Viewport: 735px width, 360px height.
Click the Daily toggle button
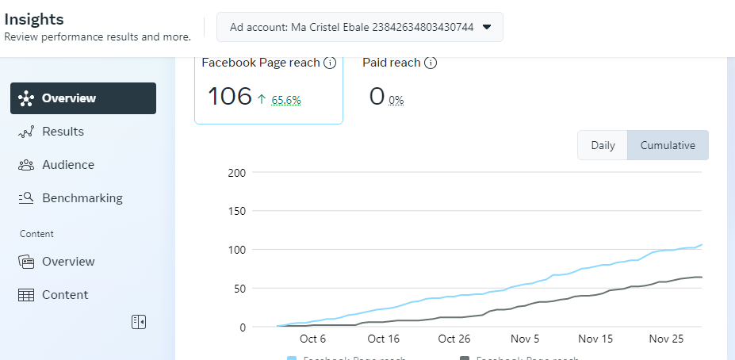click(x=603, y=146)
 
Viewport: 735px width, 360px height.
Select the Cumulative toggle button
click(x=668, y=146)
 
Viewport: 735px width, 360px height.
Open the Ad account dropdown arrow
click(x=487, y=27)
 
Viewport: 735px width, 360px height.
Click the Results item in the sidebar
click(x=63, y=132)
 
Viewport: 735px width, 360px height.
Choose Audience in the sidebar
click(x=67, y=165)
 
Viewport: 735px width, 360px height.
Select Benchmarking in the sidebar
click(x=82, y=198)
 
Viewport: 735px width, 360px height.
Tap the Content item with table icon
click(x=64, y=295)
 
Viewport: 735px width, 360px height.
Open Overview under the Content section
click(x=67, y=262)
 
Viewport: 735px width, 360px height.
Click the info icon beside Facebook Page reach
click(x=330, y=63)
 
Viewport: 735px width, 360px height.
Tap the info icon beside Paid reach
click(x=431, y=63)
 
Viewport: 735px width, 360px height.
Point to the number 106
click(x=229, y=97)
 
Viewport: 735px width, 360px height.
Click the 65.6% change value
click(x=285, y=100)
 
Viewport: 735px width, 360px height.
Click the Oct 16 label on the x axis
click(x=384, y=339)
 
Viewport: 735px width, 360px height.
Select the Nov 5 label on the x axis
click(x=525, y=339)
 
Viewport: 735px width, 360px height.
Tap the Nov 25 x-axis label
click(x=666, y=339)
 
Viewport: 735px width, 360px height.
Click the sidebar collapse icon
click(x=139, y=321)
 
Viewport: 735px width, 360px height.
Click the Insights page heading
click(x=34, y=19)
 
